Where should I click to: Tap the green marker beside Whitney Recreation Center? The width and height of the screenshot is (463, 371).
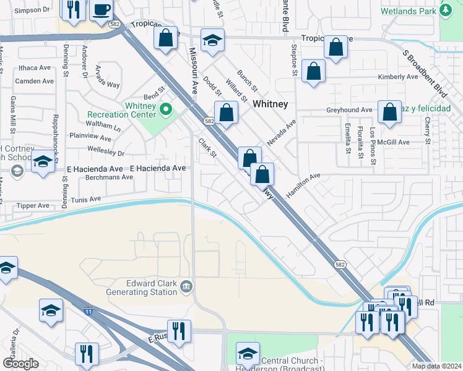(x=165, y=111)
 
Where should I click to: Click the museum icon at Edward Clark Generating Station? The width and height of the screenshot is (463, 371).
(x=186, y=286)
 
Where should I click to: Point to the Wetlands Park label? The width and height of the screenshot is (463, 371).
(x=410, y=11)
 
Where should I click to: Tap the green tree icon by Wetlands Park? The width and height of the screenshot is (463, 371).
(x=446, y=11)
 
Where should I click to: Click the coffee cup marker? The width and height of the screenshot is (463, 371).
(x=101, y=11)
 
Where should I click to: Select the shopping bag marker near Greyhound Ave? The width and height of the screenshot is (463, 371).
(x=389, y=113)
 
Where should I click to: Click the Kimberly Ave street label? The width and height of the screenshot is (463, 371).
(x=398, y=77)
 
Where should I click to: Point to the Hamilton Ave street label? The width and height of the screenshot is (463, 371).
(x=303, y=185)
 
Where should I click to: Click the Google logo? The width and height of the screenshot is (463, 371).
(x=20, y=364)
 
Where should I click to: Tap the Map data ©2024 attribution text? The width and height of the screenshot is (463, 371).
(x=436, y=366)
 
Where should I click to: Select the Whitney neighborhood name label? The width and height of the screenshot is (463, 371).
(x=270, y=104)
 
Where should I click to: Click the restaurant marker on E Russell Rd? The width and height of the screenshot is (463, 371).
(x=176, y=330)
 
